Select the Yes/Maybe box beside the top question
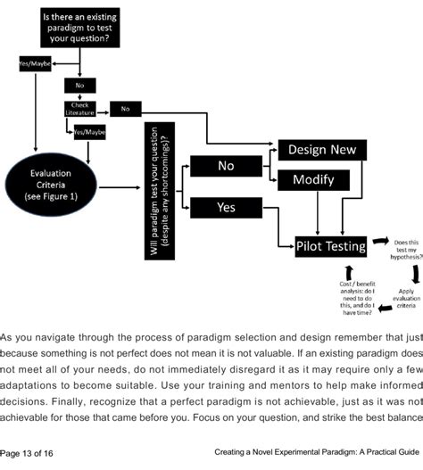[35, 64]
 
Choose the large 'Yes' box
[226, 207]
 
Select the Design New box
[319, 151]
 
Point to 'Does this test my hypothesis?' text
[408, 251]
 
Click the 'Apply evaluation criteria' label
[405, 298]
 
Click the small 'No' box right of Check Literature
[126, 109]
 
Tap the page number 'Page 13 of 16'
[28, 453]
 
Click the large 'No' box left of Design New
[226, 166]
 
